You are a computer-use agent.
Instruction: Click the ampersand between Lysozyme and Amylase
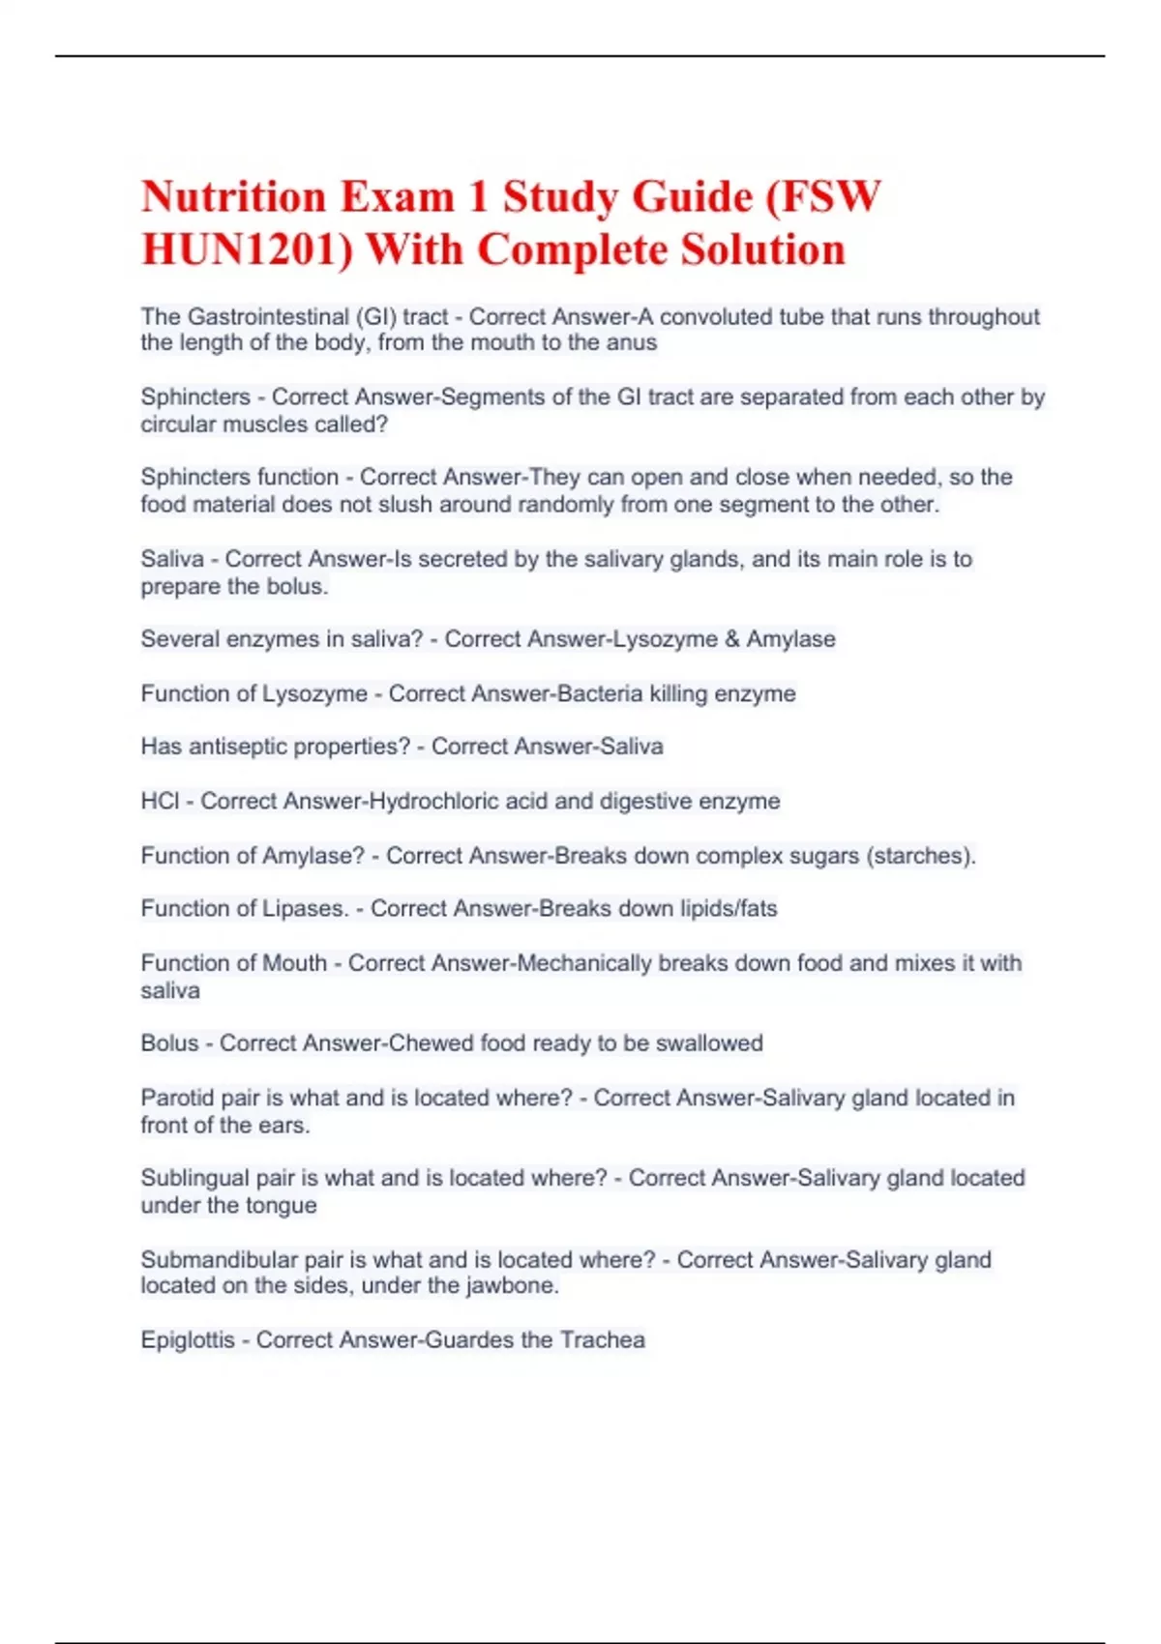click(x=731, y=639)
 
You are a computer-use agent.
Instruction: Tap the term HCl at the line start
click(x=160, y=801)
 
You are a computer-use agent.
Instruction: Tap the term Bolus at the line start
click(x=169, y=1043)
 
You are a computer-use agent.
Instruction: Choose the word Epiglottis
click(x=188, y=1339)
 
